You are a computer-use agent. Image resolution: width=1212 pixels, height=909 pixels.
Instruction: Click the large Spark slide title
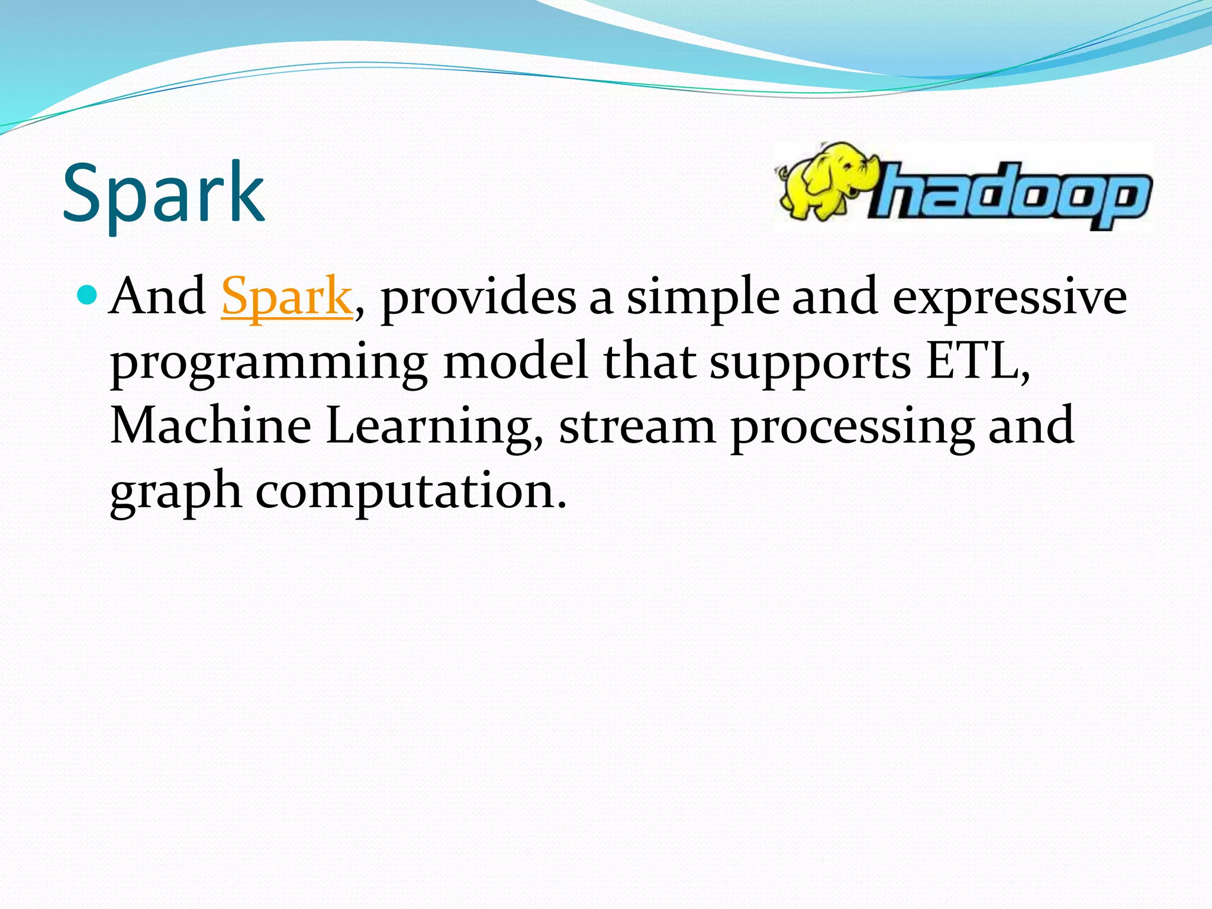click(x=163, y=194)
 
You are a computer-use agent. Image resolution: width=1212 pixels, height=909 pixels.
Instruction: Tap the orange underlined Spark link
click(x=287, y=297)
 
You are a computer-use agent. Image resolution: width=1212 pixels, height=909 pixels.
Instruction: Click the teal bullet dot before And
click(x=87, y=294)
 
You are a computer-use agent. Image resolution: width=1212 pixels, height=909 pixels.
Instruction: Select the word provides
click(x=478, y=297)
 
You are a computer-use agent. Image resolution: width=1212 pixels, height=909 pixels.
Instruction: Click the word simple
click(x=703, y=297)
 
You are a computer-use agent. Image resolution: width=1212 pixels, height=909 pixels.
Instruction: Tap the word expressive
click(x=1009, y=297)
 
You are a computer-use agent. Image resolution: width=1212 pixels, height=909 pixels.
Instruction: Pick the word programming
click(x=269, y=362)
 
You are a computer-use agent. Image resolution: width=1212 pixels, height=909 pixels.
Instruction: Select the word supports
click(x=810, y=362)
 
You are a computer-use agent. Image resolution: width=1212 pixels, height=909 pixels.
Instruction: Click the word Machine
click(x=211, y=426)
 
